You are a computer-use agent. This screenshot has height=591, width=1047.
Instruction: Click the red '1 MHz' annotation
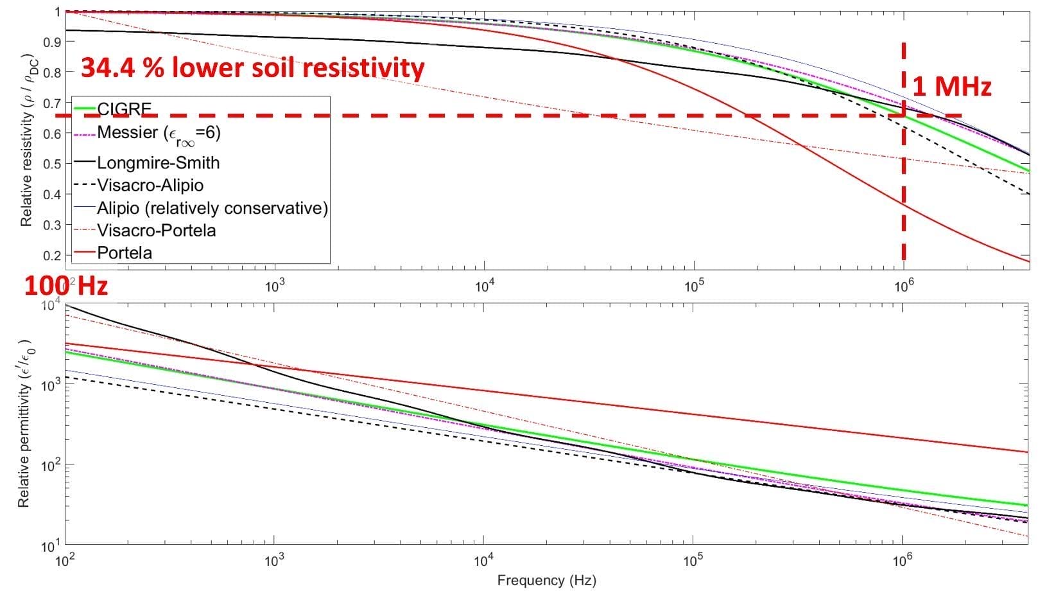tap(951, 87)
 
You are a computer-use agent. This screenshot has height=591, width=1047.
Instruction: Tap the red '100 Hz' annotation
tap(65, 286)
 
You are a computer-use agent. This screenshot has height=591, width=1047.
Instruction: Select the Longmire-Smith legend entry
tap(158, 163)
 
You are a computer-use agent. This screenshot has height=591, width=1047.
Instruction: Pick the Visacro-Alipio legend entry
tap(150, 185)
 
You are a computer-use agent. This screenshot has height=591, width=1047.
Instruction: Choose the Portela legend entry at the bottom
tap(125, 252)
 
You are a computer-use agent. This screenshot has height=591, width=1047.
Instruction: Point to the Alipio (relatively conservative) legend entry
tap(212, 208)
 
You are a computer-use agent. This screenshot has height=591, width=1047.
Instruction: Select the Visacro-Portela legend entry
tap(156, 230)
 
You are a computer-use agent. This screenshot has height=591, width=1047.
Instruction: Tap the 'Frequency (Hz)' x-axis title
tap(546, 581)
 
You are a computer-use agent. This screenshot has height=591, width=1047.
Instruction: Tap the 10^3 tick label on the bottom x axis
tap(274, 561)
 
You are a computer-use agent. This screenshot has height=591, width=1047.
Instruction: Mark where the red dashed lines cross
tap(904, 116)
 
